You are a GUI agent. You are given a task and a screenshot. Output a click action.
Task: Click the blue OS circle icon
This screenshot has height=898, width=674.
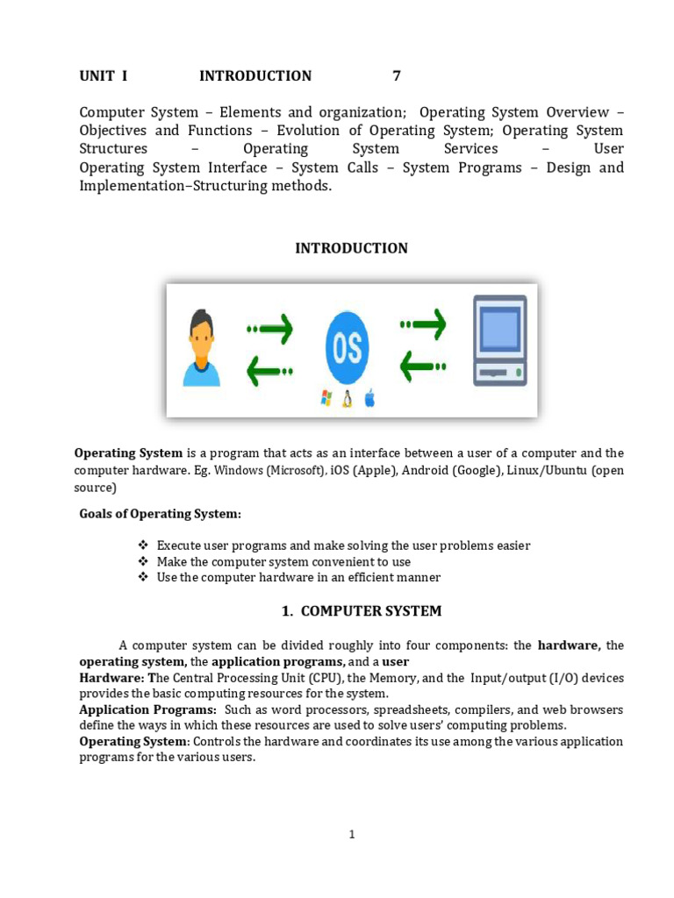(347, 347)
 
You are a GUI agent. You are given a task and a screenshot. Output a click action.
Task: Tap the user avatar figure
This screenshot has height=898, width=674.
(201, 348)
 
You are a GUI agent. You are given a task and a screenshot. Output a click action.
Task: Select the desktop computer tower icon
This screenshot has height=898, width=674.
(499, 340)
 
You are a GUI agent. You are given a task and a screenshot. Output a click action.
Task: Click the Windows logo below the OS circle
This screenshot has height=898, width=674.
(326, 400)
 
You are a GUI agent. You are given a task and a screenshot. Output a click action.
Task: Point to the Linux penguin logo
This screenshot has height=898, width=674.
(348, 400)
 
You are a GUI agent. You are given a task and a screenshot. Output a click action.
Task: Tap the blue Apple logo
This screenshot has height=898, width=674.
(369, 400)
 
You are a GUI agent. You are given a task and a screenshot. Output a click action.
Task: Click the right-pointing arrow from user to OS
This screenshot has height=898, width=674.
(270, 329)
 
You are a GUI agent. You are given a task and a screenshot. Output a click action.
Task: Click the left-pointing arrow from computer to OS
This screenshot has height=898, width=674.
(423, 367)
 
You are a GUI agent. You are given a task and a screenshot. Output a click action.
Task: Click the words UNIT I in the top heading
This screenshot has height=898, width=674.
(104, 76)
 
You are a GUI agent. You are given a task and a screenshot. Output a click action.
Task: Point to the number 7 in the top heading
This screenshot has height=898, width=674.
(397, 76)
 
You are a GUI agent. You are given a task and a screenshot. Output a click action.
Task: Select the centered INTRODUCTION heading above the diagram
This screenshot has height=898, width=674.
(351, 248)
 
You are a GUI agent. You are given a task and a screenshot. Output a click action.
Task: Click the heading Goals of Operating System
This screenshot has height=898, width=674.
(160, 513)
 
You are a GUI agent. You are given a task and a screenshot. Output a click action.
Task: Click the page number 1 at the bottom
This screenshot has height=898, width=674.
(351, 835)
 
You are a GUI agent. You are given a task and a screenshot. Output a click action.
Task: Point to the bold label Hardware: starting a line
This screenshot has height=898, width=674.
(112, 678)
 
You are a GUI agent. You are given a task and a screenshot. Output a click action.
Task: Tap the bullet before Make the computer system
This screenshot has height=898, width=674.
(144, 561)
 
